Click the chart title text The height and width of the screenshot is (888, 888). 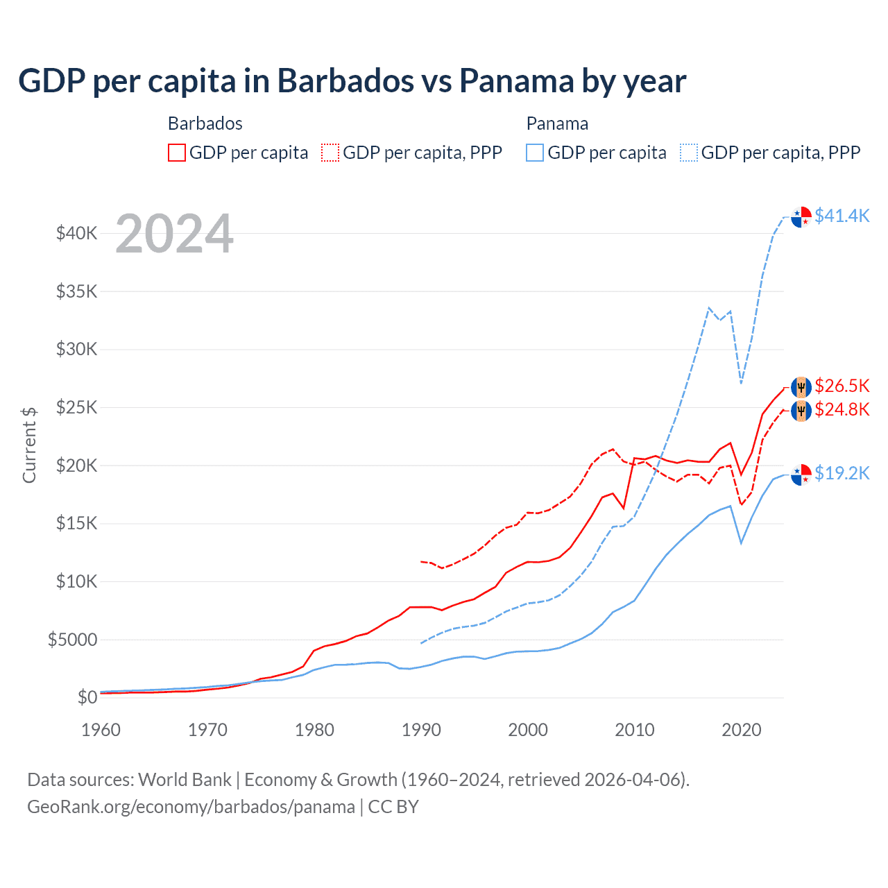coord(352,81)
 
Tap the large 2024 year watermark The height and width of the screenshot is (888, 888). coord(174,234)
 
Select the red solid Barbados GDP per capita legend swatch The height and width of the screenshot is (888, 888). coord(177,153)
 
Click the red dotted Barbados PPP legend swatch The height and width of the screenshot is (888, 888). coord(330,153)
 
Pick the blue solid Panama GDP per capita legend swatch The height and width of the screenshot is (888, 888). coord(535,153)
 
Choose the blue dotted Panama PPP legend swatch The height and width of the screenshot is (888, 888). coord(689,153)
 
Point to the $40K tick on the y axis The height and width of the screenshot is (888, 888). coord(77,233)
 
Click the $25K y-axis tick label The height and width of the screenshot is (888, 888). coord(77,407)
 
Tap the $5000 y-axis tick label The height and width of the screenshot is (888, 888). coord(73,640)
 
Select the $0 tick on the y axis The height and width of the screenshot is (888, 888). coord(87,697)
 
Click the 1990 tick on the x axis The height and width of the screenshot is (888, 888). coord(421,730)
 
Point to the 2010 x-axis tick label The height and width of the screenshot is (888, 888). coord(635,730)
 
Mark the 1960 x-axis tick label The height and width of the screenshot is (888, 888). coord(101,730)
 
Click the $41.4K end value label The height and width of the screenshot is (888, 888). coord(842,216)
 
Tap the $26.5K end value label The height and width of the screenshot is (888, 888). coord(842,386)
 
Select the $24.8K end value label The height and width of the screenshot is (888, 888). coord(842,409)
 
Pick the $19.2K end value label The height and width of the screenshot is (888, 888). coord(842,473)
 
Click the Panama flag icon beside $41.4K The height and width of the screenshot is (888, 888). coord(801,216)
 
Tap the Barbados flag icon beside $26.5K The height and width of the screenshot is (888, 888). coord(801,386)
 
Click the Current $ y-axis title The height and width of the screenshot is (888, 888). coord(29,445)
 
